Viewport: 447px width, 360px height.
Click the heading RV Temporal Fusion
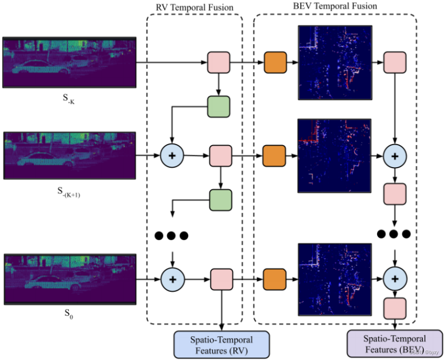coord(194,7)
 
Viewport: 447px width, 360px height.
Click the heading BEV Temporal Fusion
coord(335,6)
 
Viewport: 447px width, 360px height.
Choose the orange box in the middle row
coord(274,156)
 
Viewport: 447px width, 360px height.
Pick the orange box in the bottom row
coord(274,279)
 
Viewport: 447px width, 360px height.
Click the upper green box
coord(219,106)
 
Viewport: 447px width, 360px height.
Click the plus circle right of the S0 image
coord(172,279)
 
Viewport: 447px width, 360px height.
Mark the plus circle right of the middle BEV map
coord(395,156)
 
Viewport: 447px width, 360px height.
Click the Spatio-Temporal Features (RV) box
coord(221,344)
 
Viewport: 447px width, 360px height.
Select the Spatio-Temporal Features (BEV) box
coord(394,344)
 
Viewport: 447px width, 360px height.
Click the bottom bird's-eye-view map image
coord(334,279)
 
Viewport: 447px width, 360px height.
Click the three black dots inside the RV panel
coord(172,235)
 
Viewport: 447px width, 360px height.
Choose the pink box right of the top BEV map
coord(395,63)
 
